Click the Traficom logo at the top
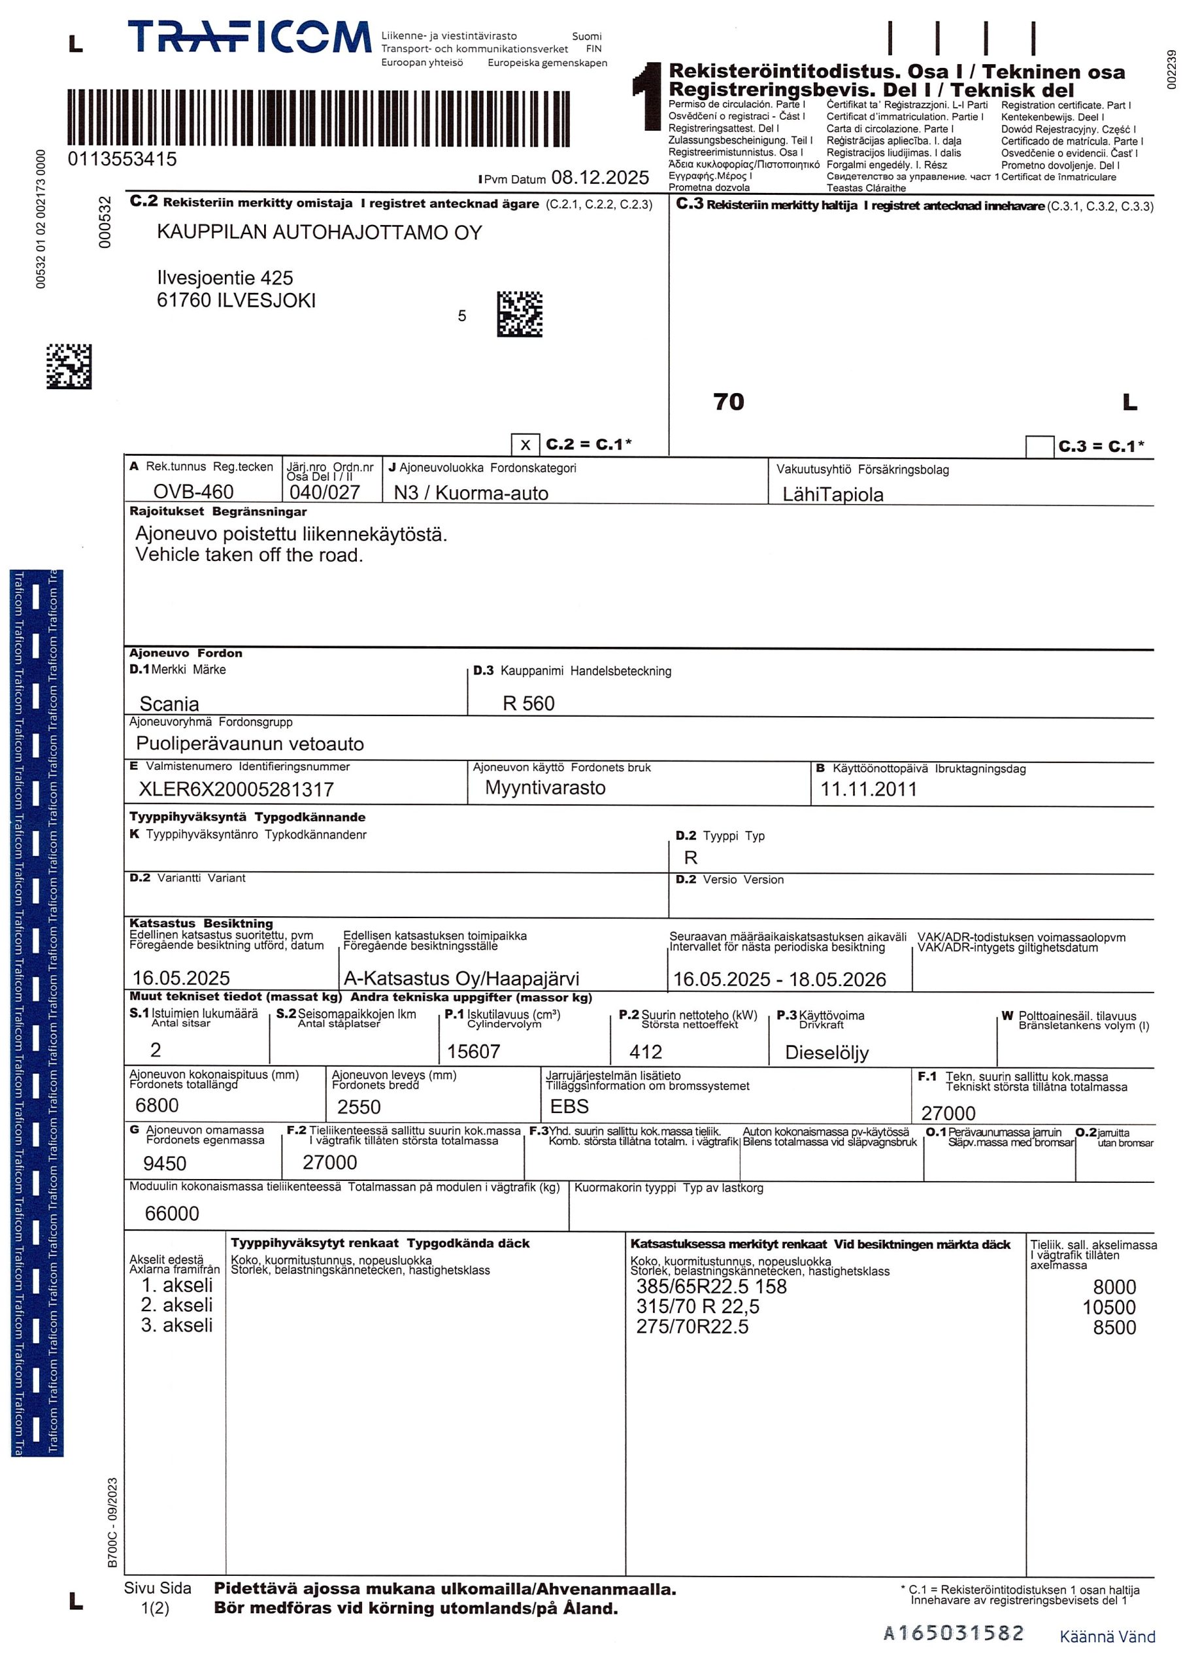248,37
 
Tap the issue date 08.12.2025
599,177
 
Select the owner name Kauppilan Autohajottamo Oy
319,233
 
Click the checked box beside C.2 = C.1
525,445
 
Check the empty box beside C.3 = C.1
1039,446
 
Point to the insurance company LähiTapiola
833,494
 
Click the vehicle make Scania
169,704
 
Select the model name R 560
529,704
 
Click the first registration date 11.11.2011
868,789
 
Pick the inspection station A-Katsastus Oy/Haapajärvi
461,978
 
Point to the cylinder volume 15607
473,1051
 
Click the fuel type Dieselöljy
827,1052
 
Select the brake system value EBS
569,1107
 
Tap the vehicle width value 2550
359,1108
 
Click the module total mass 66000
172,1213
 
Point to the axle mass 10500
1108,1307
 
